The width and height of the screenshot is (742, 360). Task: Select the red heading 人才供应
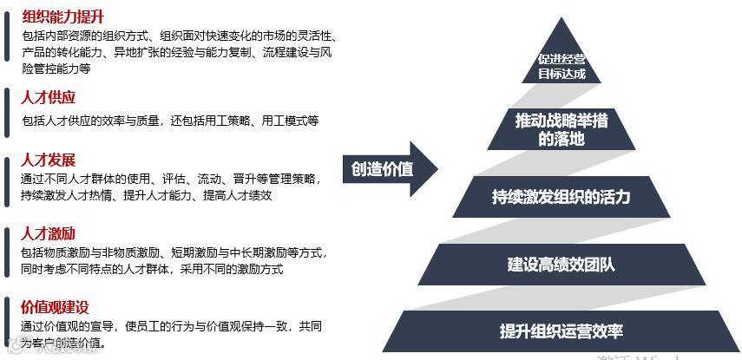pos(49,97)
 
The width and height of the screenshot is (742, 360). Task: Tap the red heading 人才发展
pos(49,160)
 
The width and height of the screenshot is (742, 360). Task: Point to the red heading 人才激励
pos(49,232)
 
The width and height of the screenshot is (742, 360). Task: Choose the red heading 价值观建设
pos(56,307)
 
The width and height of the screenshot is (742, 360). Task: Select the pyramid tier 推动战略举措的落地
pos(561,128)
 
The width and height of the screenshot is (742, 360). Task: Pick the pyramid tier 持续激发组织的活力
pos(561,197)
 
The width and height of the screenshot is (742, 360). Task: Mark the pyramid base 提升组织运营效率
pos(561,331)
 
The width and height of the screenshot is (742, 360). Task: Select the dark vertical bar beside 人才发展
pos(6,178)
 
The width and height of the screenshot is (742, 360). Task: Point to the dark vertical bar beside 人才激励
pos(6,251)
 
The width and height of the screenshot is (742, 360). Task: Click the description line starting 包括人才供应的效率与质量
pos(170,121)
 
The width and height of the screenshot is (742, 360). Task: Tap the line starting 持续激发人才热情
pos(147,196)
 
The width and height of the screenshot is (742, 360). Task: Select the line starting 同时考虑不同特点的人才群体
pos(153,269)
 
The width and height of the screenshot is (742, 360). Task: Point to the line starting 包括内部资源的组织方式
pos(179,36)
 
